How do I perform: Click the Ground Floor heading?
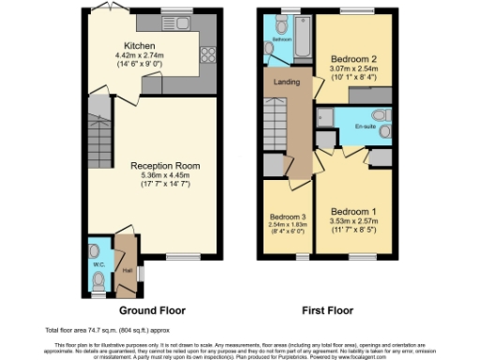(x=151, y=310)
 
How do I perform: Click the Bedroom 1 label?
(x=354, y=211)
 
